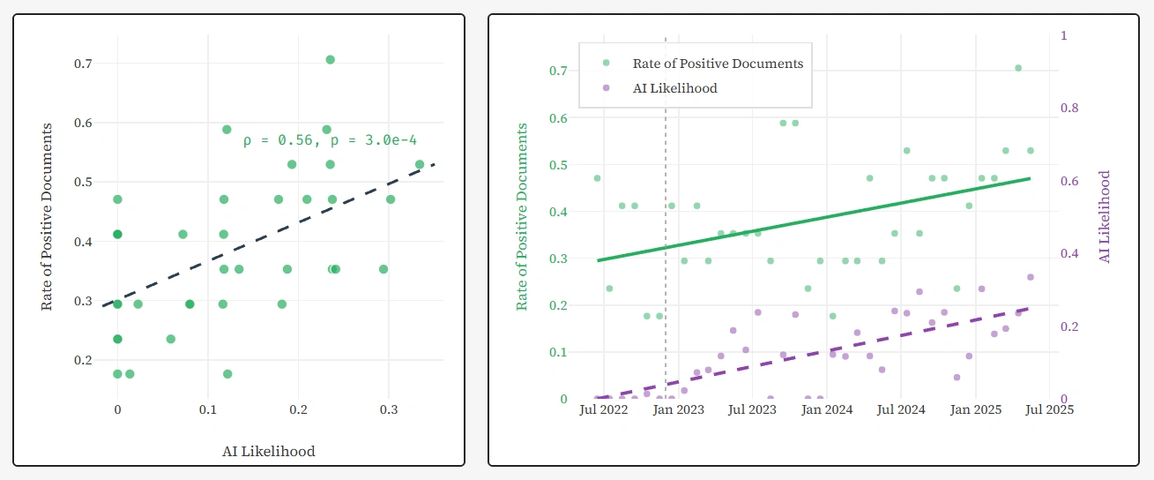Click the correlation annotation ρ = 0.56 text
330,139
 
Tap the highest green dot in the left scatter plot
330,59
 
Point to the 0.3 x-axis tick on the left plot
389,409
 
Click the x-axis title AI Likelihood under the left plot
269,451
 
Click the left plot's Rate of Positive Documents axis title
48,216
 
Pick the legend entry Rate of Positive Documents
718,64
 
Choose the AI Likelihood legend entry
674,88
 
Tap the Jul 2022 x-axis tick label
603,409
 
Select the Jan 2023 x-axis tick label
678,409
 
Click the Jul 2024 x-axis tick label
901,409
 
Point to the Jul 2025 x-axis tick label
1050,409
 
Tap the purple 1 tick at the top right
1064,35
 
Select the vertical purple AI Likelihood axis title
1104,216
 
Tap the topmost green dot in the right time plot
1017,68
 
